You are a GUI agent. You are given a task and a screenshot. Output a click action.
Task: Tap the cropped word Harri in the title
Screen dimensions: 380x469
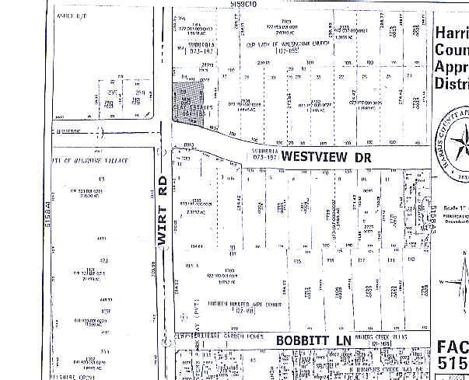[451, 33]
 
